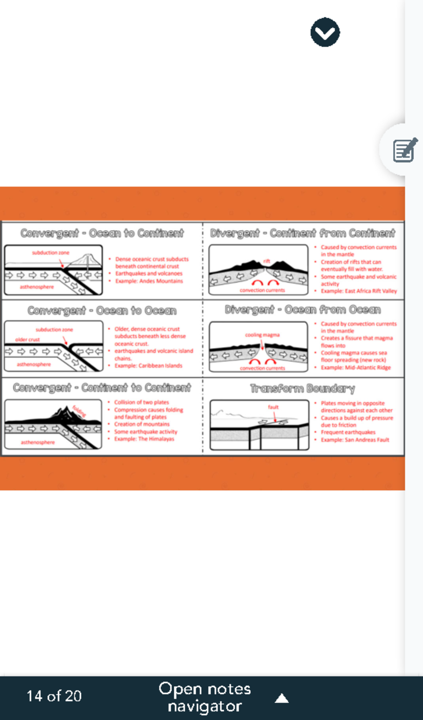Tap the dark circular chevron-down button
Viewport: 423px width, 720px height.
325,32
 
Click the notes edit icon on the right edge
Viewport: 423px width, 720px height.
405,150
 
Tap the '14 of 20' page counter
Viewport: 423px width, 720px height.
54,696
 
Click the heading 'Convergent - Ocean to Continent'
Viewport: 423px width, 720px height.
102,233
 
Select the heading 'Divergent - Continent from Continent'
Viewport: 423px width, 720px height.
302,233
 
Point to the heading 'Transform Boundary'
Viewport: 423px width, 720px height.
302,388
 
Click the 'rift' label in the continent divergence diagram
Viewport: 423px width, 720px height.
266,261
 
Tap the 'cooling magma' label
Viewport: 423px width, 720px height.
262,335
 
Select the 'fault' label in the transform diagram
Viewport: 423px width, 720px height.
273,407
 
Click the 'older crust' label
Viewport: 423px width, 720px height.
27,339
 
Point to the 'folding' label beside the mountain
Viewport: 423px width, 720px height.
79,411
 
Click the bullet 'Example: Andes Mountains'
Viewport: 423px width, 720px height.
149,281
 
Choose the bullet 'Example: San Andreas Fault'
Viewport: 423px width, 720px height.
355,440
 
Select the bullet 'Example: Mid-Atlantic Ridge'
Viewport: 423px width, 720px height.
355,368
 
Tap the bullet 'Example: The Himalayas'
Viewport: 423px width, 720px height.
144,439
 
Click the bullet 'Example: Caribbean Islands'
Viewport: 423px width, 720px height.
148,366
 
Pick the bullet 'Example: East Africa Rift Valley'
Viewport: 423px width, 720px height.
358,291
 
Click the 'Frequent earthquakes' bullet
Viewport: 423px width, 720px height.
348,432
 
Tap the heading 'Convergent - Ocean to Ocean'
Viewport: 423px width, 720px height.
102,310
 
